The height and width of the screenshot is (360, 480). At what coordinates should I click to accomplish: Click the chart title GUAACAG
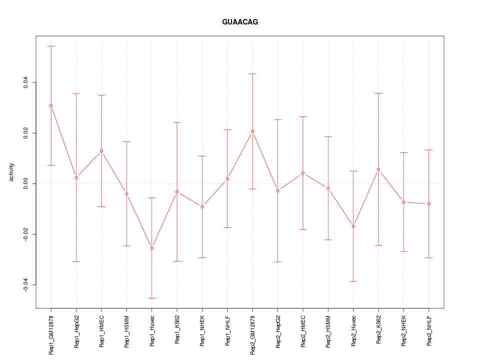tap(240, 22)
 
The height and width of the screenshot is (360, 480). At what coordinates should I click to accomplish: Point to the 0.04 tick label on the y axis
tap(25, 82)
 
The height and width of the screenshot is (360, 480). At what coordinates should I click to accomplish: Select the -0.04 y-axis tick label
tap(25, 285)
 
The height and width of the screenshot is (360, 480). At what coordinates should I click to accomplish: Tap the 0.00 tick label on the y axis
tap(25, 183)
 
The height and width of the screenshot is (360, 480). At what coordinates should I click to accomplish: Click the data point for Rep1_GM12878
tap(51, 105)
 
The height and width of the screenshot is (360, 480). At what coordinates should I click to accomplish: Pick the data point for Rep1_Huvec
tap(152, 248)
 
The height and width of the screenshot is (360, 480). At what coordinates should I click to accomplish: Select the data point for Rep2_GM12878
tap(252, 131)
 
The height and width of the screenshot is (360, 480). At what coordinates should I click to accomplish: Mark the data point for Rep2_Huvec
tap(353, 226)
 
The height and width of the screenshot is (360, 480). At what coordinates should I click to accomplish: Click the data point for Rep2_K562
tap(378, 169)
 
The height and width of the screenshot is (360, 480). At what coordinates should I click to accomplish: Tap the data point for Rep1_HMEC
tap(101, 151)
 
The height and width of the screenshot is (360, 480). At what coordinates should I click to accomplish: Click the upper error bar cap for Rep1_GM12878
tap(51, 46)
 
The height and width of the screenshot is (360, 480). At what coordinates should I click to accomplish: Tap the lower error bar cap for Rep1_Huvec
tap(152, 298)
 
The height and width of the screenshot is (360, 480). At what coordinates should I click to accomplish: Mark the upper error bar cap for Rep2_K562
tap(378, 93)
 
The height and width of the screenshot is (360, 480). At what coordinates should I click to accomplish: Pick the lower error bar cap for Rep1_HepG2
tap(76, 261)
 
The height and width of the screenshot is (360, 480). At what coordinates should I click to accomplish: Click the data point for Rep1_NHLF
tap(227, 179)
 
